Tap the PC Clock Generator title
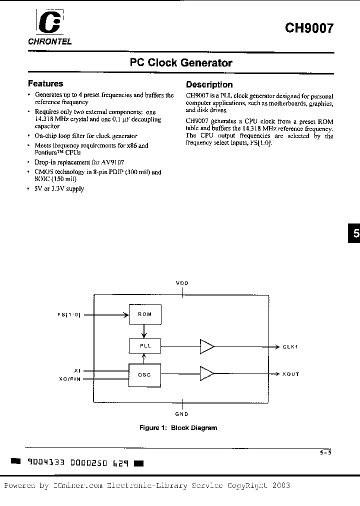[181, 63]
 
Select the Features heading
[45, 84]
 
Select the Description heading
[209, 85]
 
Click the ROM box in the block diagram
[145, 314]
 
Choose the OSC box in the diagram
[145, 374]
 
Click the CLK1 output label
[290, 346]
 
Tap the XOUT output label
[290, 374]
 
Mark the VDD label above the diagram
[182, 283]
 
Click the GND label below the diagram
[181, 414]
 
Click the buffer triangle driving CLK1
[206, 346]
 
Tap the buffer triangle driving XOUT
[206, 373]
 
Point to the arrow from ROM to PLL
[145, 331]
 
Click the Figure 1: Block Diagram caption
[178, 428]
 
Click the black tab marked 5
[354, 234]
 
